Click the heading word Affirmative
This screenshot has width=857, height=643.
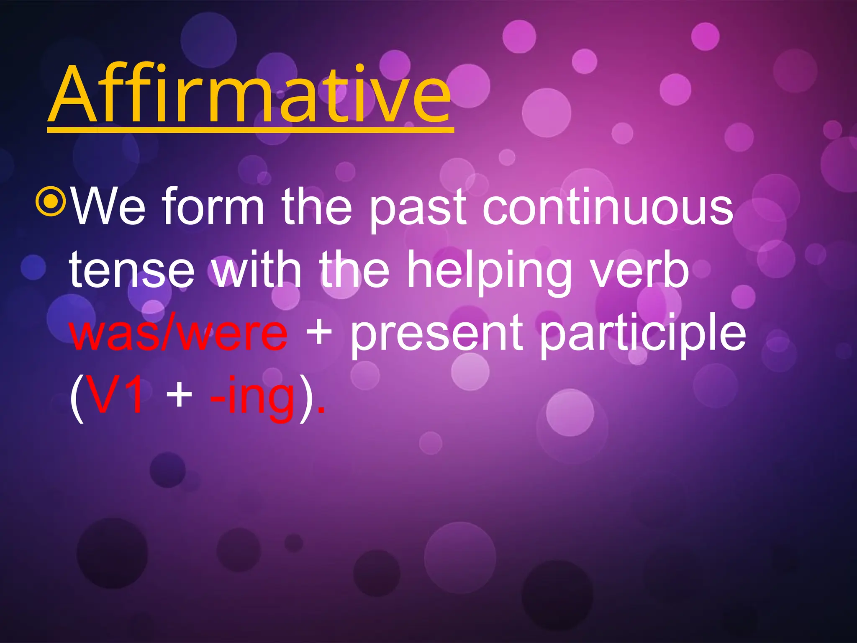coord(250,95)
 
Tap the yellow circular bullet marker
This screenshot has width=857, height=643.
coord(51,202)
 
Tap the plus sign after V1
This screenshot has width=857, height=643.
coord(179,396)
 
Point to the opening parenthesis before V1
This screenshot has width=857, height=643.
coord(77,398)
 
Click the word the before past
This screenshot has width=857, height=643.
coord(316,206)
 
